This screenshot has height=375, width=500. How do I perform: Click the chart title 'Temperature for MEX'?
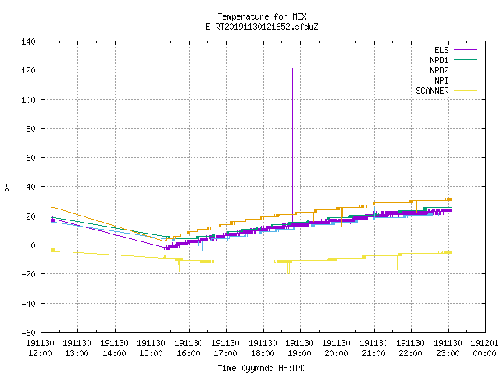262,16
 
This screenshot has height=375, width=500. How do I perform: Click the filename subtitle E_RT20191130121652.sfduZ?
262,27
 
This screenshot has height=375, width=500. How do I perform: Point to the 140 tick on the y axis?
28,41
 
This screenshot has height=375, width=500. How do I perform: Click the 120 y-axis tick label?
28,70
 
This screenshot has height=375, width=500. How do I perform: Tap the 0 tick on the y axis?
33,245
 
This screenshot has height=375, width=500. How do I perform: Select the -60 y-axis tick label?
28,333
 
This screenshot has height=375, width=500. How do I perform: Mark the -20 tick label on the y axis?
28,274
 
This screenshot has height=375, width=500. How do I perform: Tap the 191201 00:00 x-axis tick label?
484,348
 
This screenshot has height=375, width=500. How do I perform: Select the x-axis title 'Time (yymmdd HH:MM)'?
262,368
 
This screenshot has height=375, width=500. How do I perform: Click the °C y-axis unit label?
9,187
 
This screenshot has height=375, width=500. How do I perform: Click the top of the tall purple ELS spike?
292,68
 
